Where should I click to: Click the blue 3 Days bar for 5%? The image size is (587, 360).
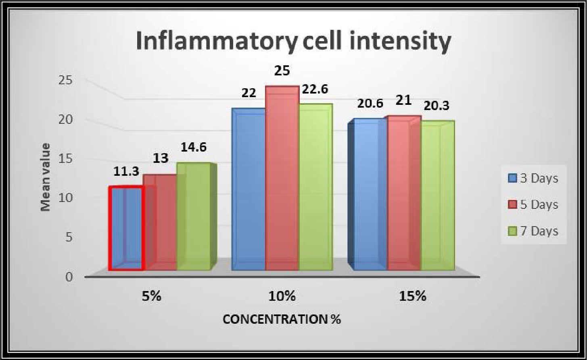pyautogui.click(x=126, y=228)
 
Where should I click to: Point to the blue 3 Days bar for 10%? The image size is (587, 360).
pyautogui.click(x=249, y=191)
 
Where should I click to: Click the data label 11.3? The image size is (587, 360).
pyautogui.click(x=126, y=171)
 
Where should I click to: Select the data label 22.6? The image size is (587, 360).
pyautogui.click(x=316, y=89)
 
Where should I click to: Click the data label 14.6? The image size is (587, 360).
pyautogui.click(x=193, y=147)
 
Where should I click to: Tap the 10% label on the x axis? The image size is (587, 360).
pyautogui.click(x=282, y=296)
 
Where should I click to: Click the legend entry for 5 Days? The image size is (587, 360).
pyautogui.click(x=533, y=204)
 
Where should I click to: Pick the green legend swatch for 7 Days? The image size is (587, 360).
pyautogui.click(x=513, y=231)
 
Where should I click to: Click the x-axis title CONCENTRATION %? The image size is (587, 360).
pyautogui.click(x=282, y=320)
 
